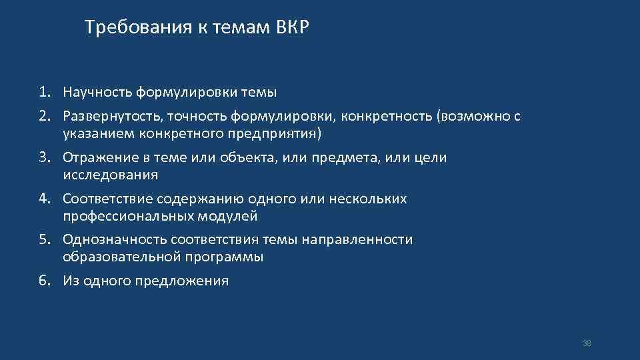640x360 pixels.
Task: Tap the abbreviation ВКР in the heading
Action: [292, 28]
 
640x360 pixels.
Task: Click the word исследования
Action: [111, 175]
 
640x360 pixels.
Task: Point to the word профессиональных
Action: [129, 216]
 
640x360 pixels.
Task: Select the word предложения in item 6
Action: [190, 281]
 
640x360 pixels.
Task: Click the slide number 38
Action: [587, 343]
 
